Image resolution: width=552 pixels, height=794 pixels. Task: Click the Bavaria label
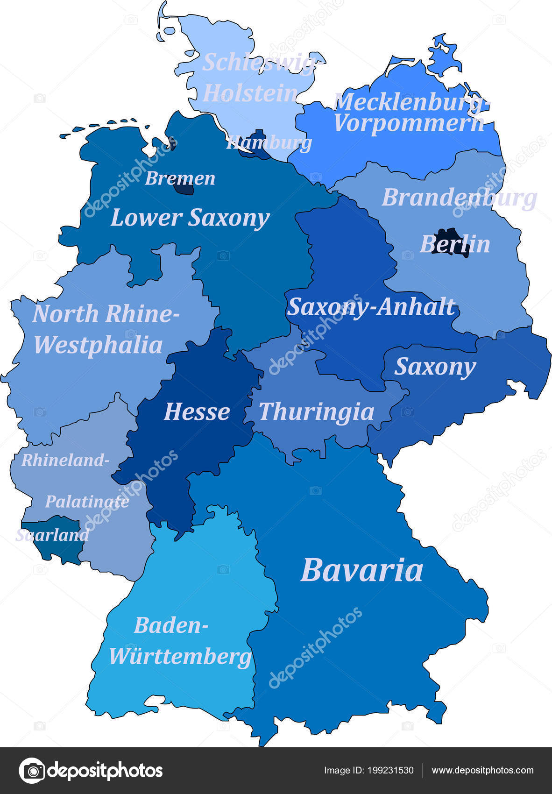362,570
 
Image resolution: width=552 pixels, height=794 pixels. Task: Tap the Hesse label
197,412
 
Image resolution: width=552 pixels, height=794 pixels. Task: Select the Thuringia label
317,412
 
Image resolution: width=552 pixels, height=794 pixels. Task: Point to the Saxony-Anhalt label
371,307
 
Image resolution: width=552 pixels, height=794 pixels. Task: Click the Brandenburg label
459,198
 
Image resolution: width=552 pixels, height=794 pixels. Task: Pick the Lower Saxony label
190,218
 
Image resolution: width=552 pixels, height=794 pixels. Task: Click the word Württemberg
180,656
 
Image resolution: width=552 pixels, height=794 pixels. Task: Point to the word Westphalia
98,345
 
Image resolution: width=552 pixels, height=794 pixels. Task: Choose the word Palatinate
87,502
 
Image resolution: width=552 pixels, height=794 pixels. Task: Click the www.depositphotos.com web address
482,771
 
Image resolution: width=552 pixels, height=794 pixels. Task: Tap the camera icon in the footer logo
31,771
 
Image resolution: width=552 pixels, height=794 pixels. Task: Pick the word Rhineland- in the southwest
65,461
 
